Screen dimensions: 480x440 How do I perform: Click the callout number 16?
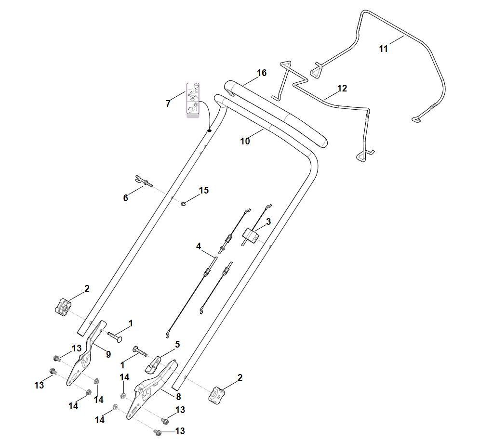[261, 73]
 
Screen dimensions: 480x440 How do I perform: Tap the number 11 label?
[383, 49]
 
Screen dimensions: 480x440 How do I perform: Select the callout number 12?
[342, 89]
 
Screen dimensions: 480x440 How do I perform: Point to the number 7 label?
[168, 104]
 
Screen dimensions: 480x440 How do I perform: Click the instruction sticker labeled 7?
[193, 100]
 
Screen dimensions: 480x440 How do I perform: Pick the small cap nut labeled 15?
[183, 204]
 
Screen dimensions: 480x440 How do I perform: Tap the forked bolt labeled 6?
[143, 181]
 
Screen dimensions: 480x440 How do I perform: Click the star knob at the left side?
[63, 307]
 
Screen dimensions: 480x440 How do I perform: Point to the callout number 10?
[245, 141]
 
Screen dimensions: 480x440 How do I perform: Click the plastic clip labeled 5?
[152, 364]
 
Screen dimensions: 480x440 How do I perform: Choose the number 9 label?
[108, 354]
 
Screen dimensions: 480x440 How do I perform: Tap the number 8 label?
[178, 397]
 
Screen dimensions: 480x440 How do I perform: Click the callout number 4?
[199, 246]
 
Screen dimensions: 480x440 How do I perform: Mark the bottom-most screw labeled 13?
[158, 432]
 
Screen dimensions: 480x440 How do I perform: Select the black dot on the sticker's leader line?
[209, 130]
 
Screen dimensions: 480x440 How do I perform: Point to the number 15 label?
[203, 191]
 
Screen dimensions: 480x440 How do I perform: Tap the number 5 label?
[177, 345]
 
